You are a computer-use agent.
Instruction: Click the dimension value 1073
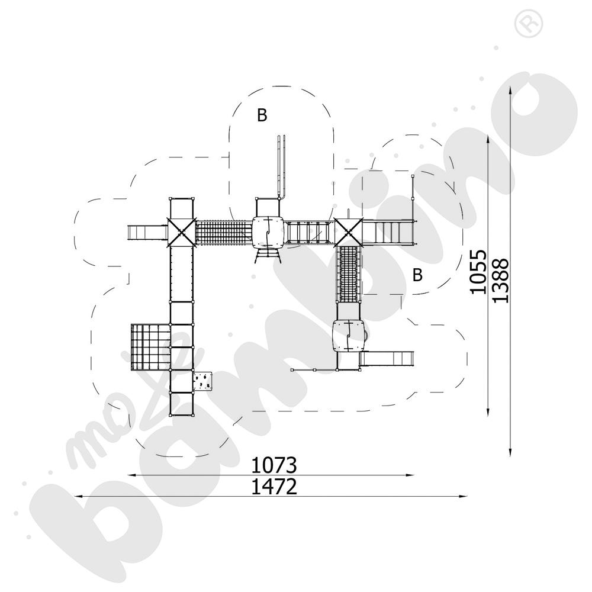click(274, 465)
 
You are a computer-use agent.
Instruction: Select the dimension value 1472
click(274, 487)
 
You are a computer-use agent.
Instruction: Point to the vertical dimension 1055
click(478, 272)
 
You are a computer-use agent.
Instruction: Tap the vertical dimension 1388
click(501, 280)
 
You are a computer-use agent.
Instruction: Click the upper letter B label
click(262, 115)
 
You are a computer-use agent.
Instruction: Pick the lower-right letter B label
click(417, 275)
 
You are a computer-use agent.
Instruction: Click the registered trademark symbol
click(528, 24)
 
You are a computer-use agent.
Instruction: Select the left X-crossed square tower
click(182, 232)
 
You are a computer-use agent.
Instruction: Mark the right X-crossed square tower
click(348, 232)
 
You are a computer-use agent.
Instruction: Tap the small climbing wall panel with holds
click(202, 381)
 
